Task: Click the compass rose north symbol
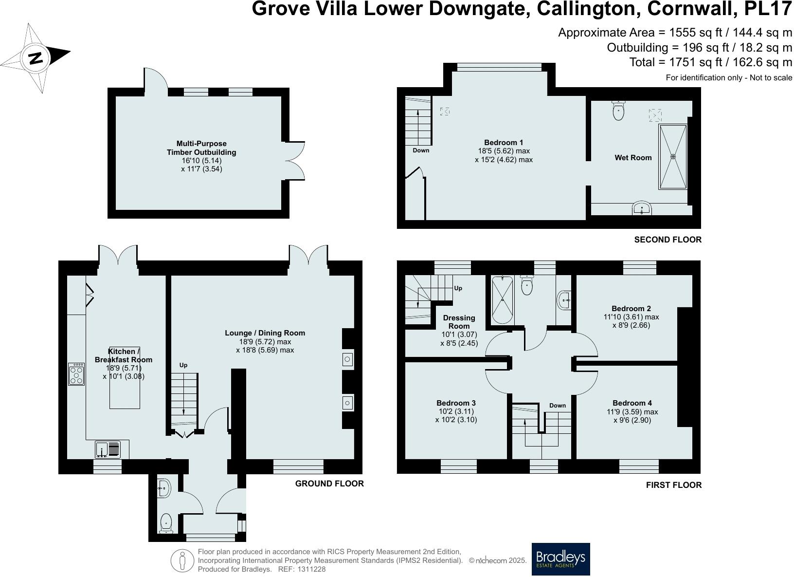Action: [x=35, y=58]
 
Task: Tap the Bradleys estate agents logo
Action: [x=560, y=558]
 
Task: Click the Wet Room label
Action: [x=633, y=158]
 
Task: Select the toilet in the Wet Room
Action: [x=618, y=111]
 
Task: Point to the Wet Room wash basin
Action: [x=642, y=209]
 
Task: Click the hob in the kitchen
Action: [x=76, y=374]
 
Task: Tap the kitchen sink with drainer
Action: [x=108, y=449]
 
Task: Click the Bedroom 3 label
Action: [x=456, y=403]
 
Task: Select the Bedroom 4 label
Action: [x=632, y=403]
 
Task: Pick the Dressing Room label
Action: [x=459, y=322]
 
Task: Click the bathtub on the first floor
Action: [x=501, y=299]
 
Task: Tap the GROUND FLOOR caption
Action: [x=329, y=484]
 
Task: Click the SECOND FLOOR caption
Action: [x=668, y=240]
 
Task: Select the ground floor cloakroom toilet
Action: [x=166, y=523]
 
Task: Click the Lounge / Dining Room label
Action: [x=265, y=333]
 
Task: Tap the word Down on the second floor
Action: [x=421, y=150]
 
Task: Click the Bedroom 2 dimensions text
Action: [x=631, y=321]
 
